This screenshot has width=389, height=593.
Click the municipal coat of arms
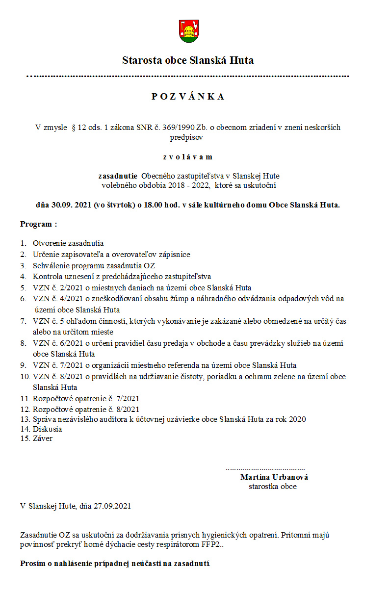point(188,30)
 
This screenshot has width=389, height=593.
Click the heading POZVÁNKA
point(188,97)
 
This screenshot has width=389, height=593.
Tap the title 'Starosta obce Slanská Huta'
point(188,61)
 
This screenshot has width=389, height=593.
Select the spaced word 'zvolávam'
point(188,157)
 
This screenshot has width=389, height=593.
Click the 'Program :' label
point(38,224)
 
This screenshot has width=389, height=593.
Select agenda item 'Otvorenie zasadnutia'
point(68,243)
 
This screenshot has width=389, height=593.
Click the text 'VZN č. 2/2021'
point(56,288)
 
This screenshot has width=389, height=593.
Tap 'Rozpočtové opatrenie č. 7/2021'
point(86,399)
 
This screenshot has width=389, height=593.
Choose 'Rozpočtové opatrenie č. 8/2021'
point(86,409)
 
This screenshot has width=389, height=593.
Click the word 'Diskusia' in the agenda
point(47,429)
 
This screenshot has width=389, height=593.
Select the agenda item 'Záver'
point(43,438)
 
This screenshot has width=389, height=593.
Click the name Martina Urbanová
point(274,477)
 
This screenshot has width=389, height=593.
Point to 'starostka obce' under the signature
point(272,487)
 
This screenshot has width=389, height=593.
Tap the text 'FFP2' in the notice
point(210,544)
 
